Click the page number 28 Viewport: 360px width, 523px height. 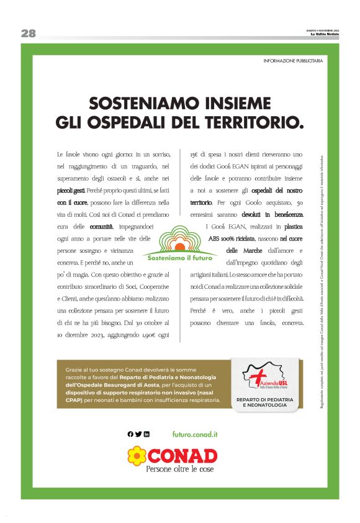click(x=28, y=34)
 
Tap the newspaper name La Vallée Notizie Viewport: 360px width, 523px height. click(x=325, y=35)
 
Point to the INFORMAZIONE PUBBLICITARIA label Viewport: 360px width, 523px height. click(x=293, y=61)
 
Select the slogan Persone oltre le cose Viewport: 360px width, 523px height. click(x=179, y=470)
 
